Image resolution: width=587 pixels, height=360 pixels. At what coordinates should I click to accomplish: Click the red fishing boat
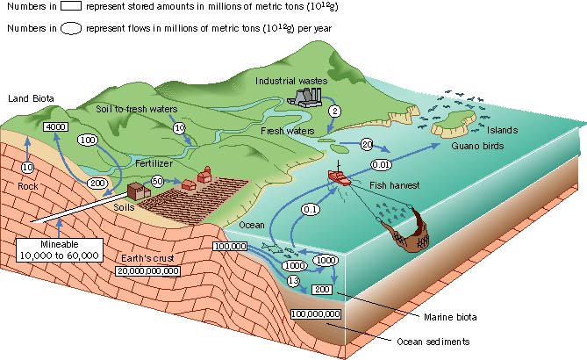click(340, 176)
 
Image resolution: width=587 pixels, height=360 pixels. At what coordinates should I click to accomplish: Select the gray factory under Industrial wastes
click(304, 97)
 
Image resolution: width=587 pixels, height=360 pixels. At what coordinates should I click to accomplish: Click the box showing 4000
click(56, 127)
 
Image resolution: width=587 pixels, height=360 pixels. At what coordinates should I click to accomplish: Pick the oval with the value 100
click(88, 140)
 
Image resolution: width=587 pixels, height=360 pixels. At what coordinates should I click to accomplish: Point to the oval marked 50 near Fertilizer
click(158, 181)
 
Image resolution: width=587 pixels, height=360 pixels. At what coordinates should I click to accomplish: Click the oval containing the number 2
click(334, 111)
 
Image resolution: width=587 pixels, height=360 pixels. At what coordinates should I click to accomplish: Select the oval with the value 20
click(367, 144)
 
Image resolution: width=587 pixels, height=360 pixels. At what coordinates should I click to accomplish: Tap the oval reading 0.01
click(381, 164)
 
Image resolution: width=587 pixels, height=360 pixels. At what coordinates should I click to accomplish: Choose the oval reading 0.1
click(311, 209)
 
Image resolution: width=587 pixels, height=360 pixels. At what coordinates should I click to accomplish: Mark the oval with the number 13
click(293, 281)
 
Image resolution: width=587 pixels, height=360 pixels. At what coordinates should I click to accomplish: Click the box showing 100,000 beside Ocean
click(230, 246)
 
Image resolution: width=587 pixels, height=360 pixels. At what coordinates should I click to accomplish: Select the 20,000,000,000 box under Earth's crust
click(148, 270)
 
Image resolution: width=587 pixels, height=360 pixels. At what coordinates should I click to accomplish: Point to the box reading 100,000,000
click(316, 314)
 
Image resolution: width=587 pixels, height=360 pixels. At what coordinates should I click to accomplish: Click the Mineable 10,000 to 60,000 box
click(60, 250)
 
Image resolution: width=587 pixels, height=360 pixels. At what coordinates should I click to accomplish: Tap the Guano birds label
click(477, 146)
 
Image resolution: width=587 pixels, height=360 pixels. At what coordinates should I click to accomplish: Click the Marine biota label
click(450, 317)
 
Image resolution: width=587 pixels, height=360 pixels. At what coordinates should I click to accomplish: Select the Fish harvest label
click(394, 185)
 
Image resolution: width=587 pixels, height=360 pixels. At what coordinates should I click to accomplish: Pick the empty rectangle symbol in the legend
click(70, 6)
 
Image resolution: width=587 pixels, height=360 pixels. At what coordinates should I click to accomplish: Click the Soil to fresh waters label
click(137, 109)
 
